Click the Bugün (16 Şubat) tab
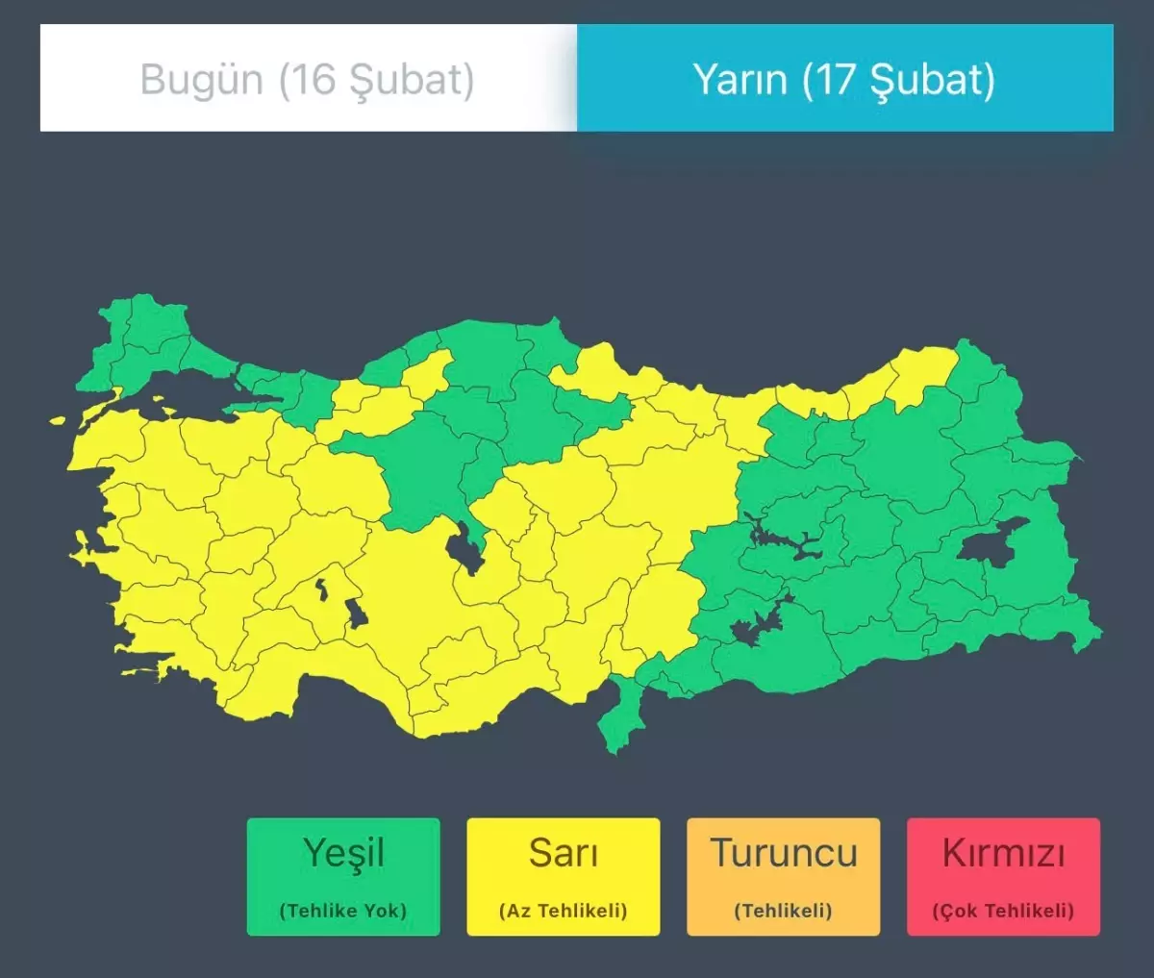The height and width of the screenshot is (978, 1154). [308, 79]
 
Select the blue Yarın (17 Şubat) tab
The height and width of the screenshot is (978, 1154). [844, 79]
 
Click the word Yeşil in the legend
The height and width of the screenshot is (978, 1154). [343, 853]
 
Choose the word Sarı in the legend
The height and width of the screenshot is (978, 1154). [564, 853]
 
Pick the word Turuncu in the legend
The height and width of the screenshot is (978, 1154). [784, 853]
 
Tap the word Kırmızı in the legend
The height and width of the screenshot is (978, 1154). [1003, 853]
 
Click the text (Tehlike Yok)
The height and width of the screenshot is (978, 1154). [343, 910]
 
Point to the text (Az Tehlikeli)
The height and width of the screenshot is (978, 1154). [564, 910]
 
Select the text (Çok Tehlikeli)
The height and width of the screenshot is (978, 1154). [1003, 910]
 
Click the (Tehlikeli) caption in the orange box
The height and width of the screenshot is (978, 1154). [784, 910]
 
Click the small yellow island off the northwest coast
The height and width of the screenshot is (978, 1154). [58, 420]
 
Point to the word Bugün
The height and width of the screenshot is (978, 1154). [201, 79]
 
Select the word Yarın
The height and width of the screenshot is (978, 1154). [740, 79]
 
